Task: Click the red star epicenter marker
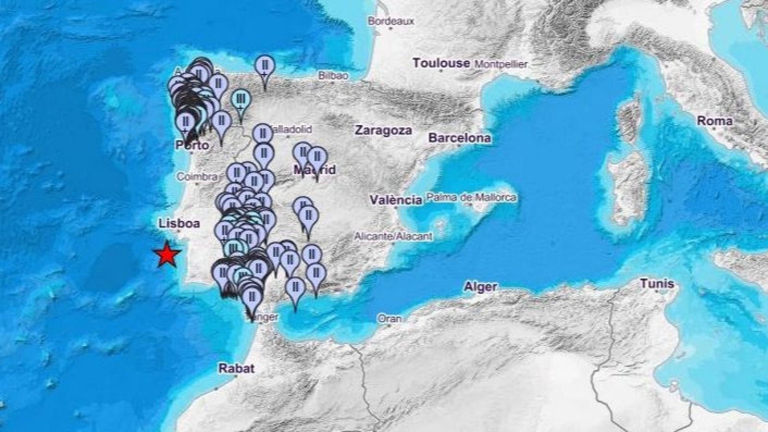167,254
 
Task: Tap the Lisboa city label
179,223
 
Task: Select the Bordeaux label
391,21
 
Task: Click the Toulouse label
441,63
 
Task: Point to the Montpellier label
501,64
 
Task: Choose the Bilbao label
333,75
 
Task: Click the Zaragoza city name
383,130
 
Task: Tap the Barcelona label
459,138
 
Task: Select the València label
396,200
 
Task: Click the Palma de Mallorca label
471,197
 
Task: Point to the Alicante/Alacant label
393,236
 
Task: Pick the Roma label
714,121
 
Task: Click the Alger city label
480,287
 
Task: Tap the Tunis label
657,284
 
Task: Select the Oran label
389,318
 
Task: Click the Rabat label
236,369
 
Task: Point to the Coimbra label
197,177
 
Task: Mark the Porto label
192,145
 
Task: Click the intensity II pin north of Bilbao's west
264,67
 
